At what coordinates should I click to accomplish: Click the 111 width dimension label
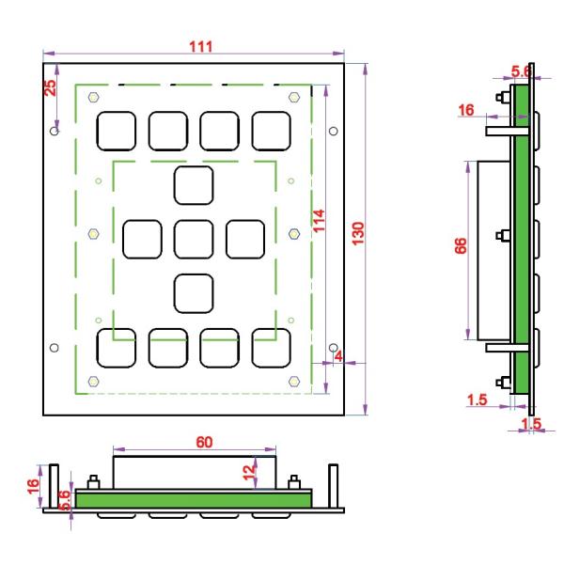coord(201,47)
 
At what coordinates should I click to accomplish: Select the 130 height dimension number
coord(358,234)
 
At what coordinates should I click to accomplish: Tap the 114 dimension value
coord(319,221)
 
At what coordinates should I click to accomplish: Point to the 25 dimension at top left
coord(50,87)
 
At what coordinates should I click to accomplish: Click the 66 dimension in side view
coord(461,246)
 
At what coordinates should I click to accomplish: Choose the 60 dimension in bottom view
coord(204,442)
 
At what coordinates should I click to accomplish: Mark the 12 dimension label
coord(249,473)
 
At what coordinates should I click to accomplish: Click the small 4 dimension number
coord(338,356)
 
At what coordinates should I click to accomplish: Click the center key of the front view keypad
coord(194,239)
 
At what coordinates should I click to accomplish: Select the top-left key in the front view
coord(117,131)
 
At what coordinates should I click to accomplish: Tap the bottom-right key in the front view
coord(272,348)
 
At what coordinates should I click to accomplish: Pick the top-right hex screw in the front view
coord(294,97)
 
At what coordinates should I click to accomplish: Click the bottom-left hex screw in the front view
coord(93,382)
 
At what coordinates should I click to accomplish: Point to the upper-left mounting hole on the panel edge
coord(55,131)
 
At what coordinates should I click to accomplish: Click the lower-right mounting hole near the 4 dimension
coord(334,348)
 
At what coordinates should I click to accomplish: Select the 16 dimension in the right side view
coord(466,110)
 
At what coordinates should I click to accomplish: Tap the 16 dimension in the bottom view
coord(33,486)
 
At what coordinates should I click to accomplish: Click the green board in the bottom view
coord(194,500)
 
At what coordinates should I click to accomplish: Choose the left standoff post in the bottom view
coord(54,486)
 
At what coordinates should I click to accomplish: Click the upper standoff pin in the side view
coord(508,131)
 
